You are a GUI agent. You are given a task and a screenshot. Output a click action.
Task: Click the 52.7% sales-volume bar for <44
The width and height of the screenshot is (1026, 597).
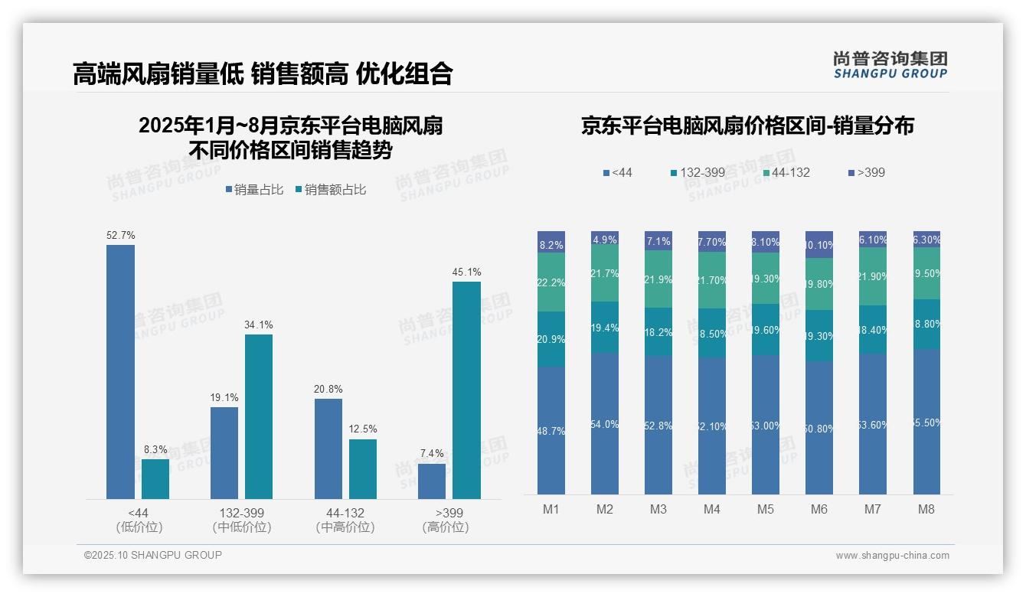click(x=120, y=372)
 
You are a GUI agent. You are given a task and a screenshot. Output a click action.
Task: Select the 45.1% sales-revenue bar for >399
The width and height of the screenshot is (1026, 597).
click(x=466, y=390)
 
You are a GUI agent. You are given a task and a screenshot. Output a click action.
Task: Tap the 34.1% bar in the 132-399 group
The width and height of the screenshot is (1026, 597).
click(x=259, y=416)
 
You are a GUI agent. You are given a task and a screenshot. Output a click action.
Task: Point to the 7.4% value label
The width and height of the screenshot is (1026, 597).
click(x=432, y=453)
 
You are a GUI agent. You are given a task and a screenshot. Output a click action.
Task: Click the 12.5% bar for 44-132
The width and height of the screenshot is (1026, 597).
click(x=363, y=469)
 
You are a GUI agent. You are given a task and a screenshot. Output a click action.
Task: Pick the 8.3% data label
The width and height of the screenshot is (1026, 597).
click(x=155, y=449)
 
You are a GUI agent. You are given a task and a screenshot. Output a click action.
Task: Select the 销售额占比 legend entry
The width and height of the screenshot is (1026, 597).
click(x=330, y=190)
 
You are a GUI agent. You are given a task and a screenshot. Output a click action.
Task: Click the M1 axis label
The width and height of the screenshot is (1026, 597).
click(x=551, y=509)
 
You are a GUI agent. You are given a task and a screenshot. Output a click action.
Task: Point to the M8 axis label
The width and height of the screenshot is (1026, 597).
click(x=926, y=509)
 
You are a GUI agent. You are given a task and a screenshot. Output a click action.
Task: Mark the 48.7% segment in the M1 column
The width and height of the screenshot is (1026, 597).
click(x=551, y=430)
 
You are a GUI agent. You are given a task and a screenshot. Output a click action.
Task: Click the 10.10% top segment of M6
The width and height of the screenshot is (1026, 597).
click(x=819, y=245)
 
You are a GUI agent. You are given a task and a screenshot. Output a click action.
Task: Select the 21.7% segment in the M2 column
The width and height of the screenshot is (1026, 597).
click(x=605, y=273)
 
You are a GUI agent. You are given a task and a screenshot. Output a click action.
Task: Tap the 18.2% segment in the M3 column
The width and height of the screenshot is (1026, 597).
click(x=658, y=331)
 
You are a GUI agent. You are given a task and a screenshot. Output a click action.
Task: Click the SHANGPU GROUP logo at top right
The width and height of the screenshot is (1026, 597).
click(x=890, y=65)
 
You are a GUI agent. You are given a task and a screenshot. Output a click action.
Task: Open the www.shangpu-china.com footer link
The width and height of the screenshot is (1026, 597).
click(x=892, y=556)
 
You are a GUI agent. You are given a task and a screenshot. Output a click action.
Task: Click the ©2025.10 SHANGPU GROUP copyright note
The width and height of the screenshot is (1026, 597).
click(x=153, y=555)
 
